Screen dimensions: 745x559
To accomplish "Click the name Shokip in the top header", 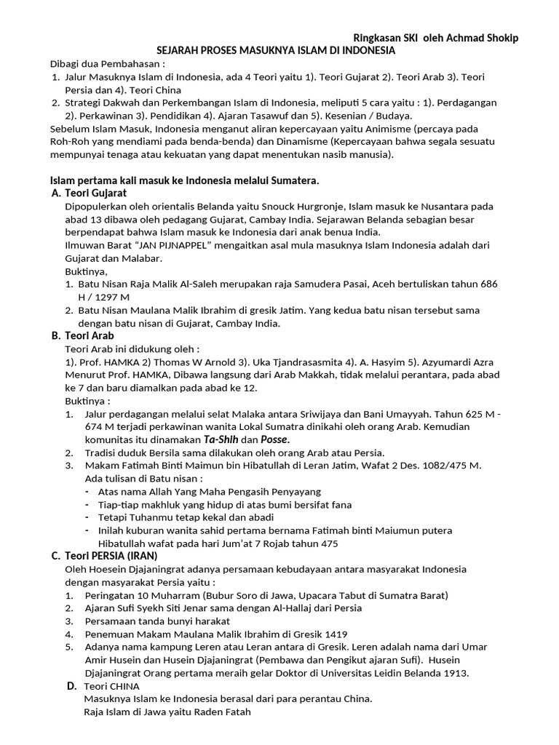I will click(x=497, y=38).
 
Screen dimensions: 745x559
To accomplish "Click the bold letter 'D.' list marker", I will click(x=71, y=685).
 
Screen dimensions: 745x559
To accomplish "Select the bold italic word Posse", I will click(x=274, y=439).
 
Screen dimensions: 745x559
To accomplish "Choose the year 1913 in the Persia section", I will click(x=455, y=673).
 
